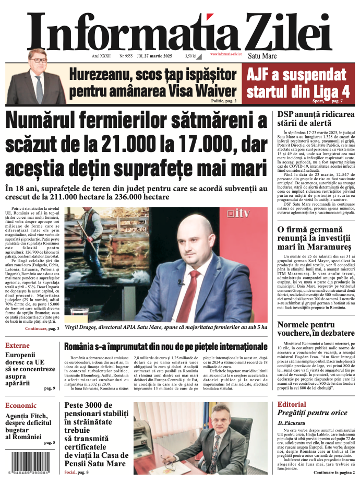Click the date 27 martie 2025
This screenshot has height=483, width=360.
[157, 55]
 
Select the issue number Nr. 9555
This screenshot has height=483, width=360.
[126, 55]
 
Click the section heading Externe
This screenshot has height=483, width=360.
[18, 346]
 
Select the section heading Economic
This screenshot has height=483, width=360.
[21, 406]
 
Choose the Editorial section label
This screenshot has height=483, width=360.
[292, 405]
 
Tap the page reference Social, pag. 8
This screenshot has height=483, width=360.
[77, 472]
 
